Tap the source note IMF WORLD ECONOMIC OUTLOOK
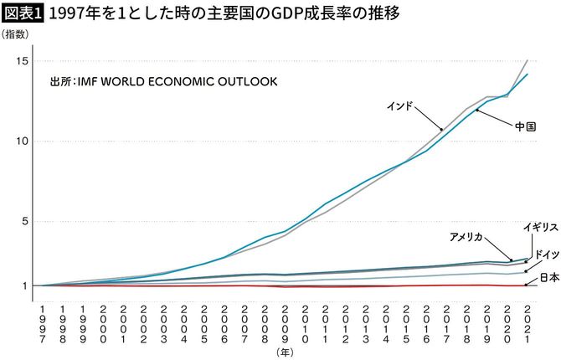click(164, 82)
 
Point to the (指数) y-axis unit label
click(17, 34)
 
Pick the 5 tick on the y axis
click(26, 221)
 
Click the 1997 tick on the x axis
click(43, 319)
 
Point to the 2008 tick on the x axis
click(265, 319)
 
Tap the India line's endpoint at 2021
click(527, 60)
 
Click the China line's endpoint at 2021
click(527, 75)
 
